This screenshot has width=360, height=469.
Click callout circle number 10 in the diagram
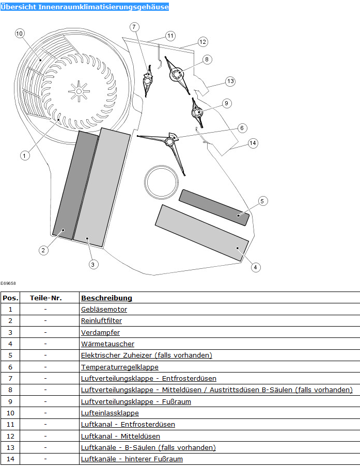20,34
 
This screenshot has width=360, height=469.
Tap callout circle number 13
230,81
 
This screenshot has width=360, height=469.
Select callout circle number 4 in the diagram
255,267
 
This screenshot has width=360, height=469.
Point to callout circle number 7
134,26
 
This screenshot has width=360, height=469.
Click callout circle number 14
253,143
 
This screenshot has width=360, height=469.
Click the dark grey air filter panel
76,186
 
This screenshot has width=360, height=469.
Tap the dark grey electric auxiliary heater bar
214,207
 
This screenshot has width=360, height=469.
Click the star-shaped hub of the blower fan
78,91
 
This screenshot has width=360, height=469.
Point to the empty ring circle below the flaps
161,182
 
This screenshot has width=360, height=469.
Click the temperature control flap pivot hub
170,140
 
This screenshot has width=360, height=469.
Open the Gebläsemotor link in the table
104,310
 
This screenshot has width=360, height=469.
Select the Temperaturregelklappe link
119,367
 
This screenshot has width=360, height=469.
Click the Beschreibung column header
106,298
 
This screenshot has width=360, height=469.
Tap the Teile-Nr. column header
45,298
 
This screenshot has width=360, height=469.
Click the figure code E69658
8,283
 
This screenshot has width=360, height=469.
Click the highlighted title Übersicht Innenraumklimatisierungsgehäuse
84,7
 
